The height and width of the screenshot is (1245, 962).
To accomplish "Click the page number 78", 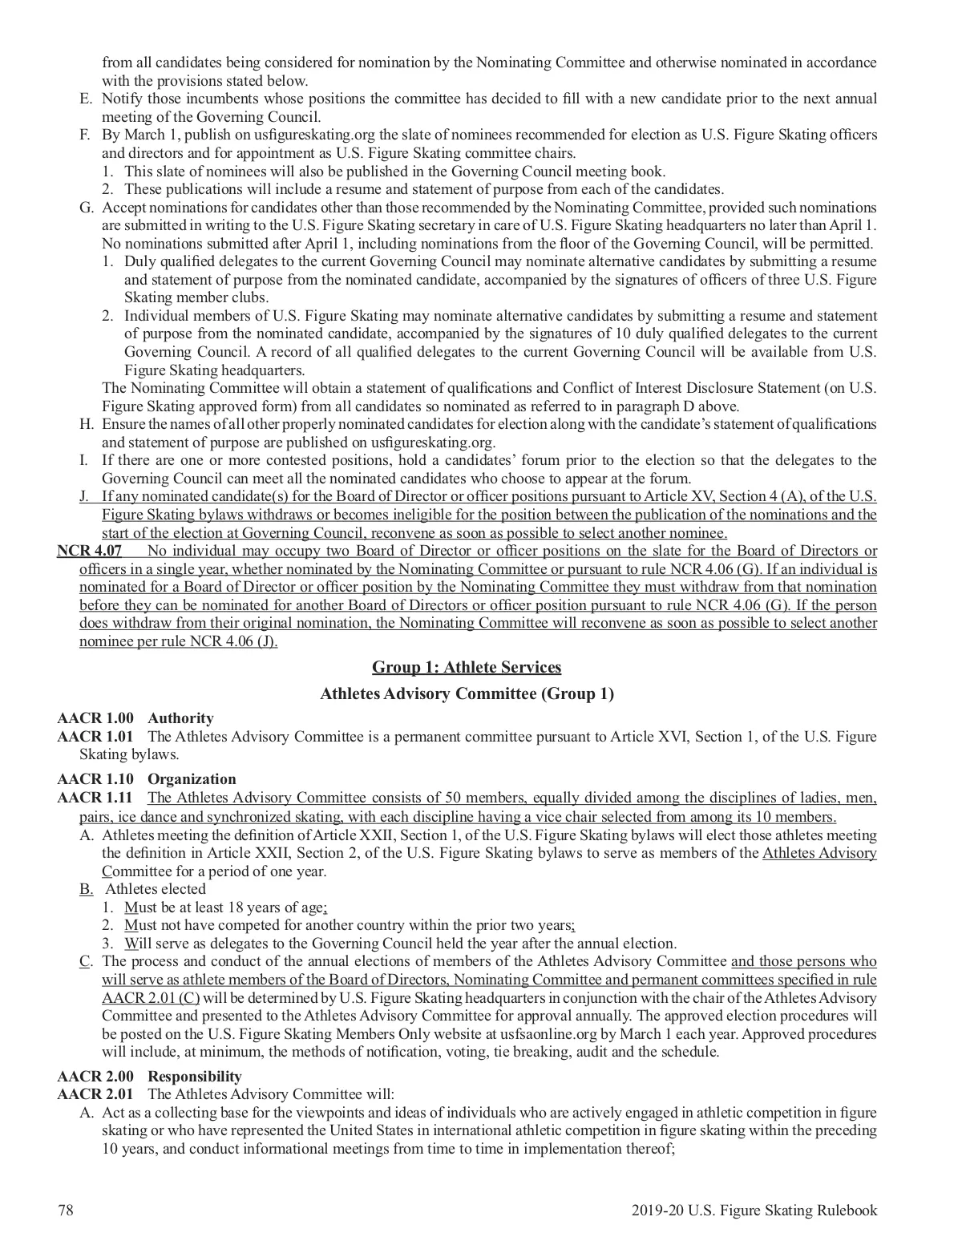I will [66, 1211].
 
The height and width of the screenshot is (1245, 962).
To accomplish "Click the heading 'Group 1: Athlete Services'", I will [467, 667].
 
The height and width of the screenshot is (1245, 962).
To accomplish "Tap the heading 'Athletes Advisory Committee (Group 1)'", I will [467, 693].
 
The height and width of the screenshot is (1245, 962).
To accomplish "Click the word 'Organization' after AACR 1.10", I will [192, 779].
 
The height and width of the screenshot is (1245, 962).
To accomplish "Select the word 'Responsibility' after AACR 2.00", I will [195, 1077].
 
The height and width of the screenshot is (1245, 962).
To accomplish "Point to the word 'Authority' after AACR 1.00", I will [181, 718].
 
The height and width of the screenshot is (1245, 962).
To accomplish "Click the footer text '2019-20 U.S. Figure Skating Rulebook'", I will [754, 1211].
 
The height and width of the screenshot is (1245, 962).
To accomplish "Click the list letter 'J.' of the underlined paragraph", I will [84, 496].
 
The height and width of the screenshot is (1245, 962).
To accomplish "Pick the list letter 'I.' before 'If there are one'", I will [84, 460].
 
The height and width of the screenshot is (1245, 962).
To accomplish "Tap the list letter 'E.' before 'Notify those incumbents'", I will [84, 99].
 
